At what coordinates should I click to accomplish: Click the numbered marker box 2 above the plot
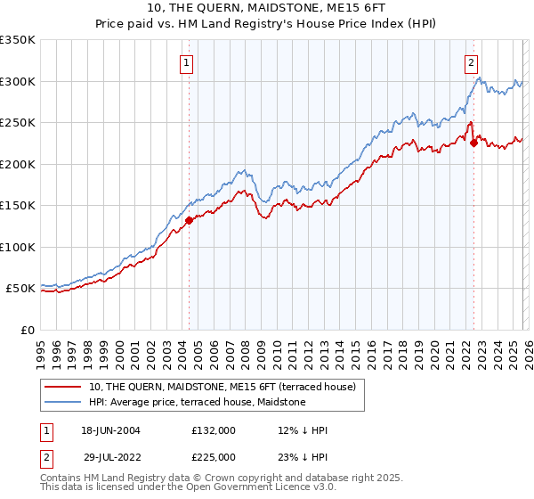(x=470, y=62)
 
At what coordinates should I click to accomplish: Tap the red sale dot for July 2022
(x=473, y=143)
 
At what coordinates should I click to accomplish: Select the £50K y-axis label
(x=21, y=289)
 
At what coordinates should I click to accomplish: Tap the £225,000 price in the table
(x=213, y=456)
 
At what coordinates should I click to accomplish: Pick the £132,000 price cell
(x=213, y=429)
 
